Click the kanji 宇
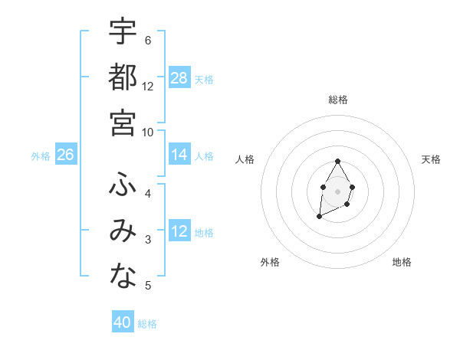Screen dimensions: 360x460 click(123, 31)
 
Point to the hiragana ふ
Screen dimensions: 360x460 click(123, 184)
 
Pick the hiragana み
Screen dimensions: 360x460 click(123, 231)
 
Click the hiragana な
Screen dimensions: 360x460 click(123, 277)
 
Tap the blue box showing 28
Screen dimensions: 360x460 click(179, 78)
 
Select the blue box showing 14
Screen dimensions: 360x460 click(179, 155)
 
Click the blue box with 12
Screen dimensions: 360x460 click(179, 231)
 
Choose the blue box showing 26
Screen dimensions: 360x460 click(65, 155)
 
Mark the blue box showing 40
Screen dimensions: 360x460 click(123, 322)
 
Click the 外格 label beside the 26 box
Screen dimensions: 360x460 click(41, 156)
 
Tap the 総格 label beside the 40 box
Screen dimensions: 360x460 click(147, 324)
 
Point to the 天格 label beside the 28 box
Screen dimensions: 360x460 click(204, 79)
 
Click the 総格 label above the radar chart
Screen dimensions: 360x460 click(338, 100)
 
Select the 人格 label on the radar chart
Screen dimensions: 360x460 click(245, 159)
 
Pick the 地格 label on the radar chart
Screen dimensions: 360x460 click(402, 262)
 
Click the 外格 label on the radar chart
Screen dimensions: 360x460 click(270, 262)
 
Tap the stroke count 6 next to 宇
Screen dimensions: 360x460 click(148, 40)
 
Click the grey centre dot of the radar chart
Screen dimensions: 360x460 click(337, 190)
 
